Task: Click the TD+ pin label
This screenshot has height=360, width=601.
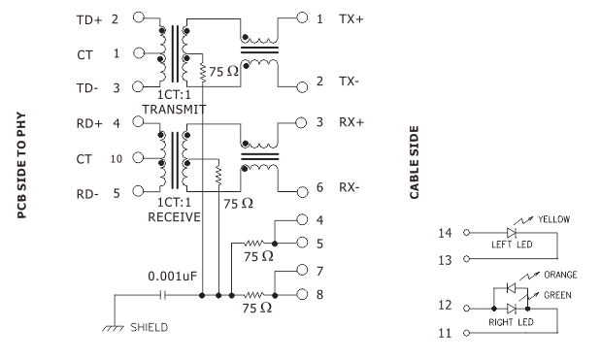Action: [89, 20]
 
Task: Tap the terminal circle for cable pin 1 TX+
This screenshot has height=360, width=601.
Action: [302, 17]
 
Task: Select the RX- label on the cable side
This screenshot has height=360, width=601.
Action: [350, 187]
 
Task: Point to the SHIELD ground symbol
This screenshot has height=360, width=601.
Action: [114, 328]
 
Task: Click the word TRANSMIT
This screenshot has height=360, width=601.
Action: [175, 110]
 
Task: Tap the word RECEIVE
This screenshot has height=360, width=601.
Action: [175, 217]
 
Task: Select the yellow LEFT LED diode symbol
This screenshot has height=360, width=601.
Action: [512, 233]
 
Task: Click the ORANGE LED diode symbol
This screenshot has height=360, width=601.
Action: [512, 287]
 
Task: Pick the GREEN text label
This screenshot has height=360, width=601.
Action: [557, 295]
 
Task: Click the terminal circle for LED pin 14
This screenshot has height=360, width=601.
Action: [466, 233]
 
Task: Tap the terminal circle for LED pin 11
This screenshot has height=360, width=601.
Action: [466, 333]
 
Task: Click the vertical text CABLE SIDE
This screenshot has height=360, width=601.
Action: [415, 162]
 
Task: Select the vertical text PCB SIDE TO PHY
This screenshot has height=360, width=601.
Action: [22, 165]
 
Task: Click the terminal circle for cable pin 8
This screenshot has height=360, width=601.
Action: [302, 295]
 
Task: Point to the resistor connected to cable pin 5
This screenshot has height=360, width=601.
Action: [253, 244]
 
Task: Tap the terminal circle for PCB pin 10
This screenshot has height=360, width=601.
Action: [139, 158]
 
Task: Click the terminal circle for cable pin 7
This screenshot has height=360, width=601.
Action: [302, 270]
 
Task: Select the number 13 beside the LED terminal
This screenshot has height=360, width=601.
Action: [445, 260]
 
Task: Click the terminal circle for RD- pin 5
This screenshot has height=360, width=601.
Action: [138, 191]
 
